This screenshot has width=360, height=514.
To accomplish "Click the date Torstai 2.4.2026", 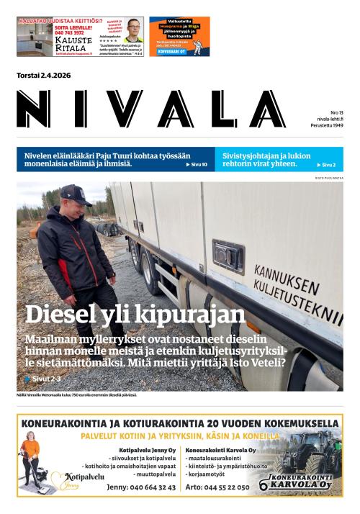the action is pyautogui.click(x=44, y=76).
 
